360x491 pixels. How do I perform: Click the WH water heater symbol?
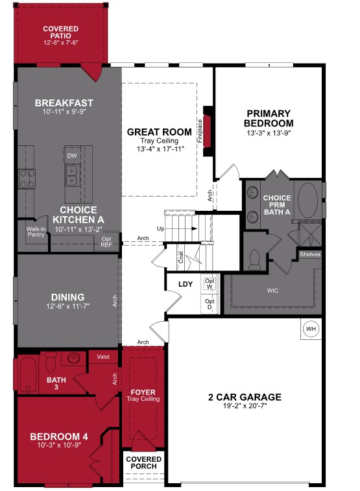point(311,329)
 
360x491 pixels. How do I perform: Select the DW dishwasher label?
point(71,156)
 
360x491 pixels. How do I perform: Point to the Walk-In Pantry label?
point(35,232)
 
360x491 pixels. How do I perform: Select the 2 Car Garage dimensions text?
point(244,407)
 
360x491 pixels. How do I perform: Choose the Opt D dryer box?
point(209,304)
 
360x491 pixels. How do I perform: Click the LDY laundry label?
point(187,284)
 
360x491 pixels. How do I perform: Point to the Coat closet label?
point(181,257)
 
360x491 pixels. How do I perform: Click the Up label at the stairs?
point(161,229)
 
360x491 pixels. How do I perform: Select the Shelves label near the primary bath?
point(310,254)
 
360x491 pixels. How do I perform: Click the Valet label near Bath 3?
point(103,357)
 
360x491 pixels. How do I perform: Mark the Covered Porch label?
point(145,463)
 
